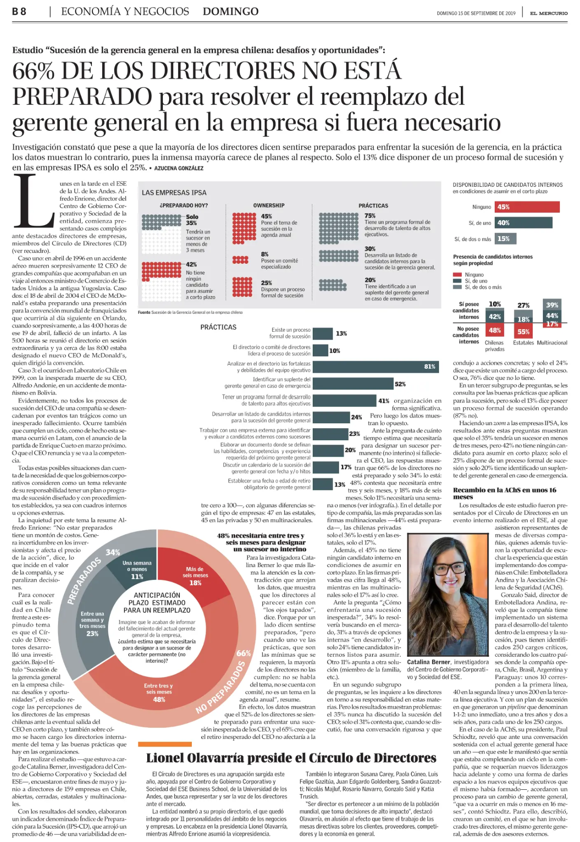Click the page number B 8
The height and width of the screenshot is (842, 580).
19,12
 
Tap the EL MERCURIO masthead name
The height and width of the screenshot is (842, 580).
549,13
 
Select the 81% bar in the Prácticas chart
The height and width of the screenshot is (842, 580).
376,367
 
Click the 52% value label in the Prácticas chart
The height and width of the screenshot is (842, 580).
400,384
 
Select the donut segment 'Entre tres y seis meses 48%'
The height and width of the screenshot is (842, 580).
159,694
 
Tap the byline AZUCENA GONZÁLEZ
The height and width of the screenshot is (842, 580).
178,168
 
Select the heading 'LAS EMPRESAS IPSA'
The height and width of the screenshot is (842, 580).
174,192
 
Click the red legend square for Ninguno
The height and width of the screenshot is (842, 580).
457,275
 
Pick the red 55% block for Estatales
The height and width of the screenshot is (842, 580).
523,331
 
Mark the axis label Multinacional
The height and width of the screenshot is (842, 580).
552,343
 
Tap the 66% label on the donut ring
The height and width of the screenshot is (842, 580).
244,653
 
